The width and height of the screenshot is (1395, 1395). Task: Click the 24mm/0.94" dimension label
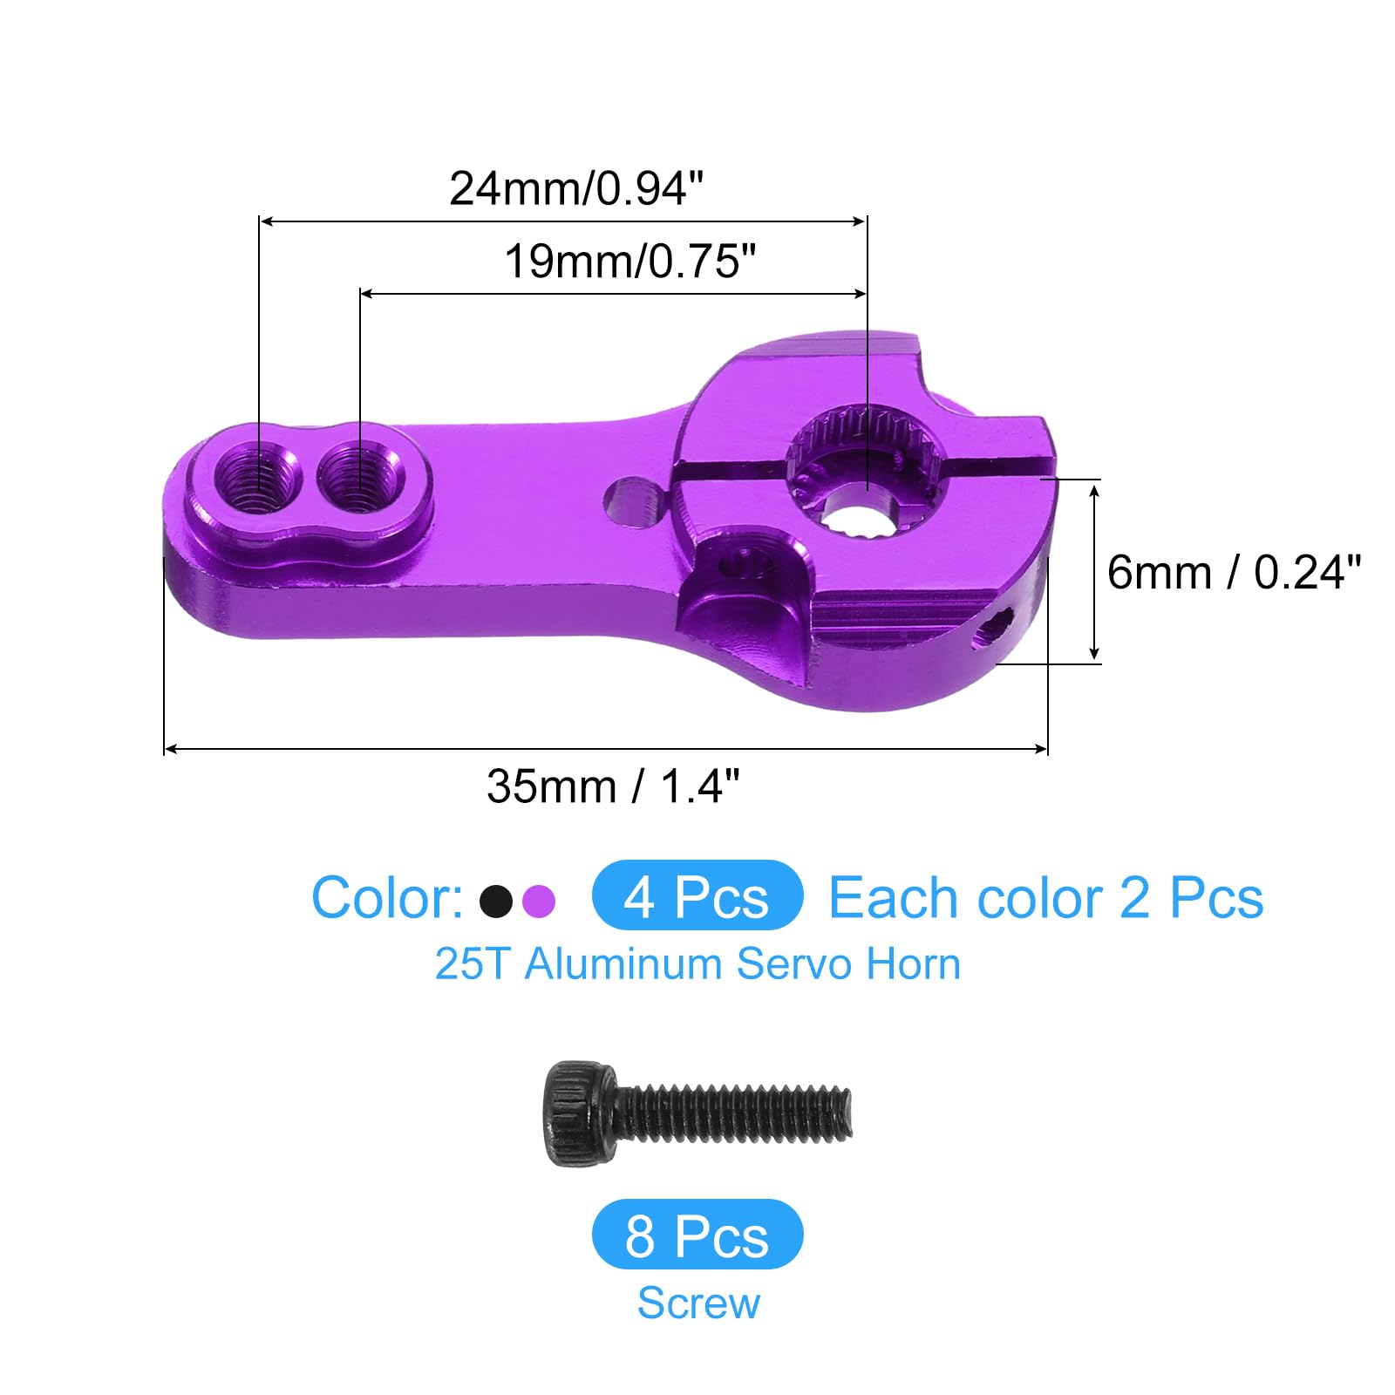point(576,187)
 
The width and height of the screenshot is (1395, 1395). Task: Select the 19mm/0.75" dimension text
point(630,261)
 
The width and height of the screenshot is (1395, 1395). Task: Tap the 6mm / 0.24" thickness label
point(1234,573)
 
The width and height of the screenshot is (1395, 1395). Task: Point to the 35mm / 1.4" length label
point(613,786)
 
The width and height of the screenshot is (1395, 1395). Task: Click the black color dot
point(496,901)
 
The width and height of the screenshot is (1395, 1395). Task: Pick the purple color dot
point(539,901)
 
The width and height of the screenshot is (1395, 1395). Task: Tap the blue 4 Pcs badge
point(697,895)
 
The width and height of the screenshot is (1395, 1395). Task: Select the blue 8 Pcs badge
point(697,1234)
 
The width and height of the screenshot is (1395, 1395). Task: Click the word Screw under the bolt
point(698,1303)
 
